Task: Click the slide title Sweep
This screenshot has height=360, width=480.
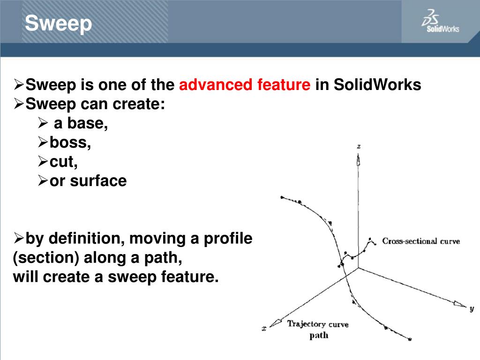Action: point(58,23)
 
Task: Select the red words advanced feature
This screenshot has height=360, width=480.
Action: point(245,85)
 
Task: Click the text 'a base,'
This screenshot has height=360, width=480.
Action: point(81,124)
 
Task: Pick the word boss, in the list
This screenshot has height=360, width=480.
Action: point(70,143)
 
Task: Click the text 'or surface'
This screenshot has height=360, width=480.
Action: point(88,181)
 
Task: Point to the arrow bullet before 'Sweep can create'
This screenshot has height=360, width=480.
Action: point(18,105)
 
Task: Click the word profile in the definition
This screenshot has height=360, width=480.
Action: point(228,239)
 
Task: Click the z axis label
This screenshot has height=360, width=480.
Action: point(359,146)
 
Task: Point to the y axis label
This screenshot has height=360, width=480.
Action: point(471,308)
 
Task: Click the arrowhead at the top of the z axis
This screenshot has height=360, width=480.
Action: point(359,160)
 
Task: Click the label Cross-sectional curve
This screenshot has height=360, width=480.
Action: point(421,241)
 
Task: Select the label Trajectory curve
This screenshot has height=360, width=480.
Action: point(318,324)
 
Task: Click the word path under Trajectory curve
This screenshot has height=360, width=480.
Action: point(319,335)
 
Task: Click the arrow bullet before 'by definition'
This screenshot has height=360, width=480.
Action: point(18,239)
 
